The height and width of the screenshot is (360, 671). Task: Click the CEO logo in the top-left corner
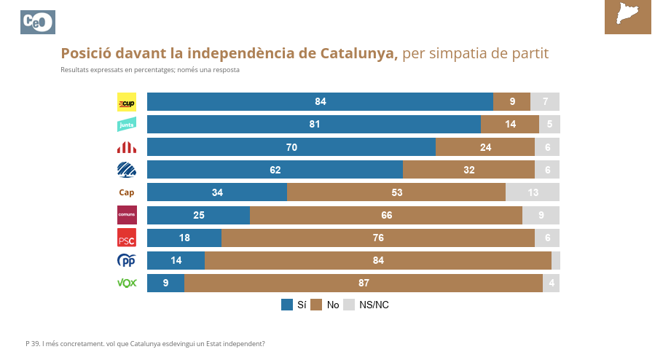38,23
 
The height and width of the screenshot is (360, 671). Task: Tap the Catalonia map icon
627,16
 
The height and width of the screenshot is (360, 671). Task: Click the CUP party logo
127,102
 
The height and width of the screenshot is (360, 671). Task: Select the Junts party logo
127,125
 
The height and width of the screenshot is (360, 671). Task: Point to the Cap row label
127,192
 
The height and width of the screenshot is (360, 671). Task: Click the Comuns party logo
127,215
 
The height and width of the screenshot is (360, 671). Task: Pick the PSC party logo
127,238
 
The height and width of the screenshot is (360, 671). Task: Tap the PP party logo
127,260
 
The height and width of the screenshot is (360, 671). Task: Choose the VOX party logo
127,283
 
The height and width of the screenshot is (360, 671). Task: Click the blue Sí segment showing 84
320,102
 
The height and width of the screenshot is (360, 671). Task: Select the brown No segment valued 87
364,283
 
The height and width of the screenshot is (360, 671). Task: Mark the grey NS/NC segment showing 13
533,192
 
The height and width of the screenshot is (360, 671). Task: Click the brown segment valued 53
396,192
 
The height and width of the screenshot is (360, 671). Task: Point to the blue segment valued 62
275,170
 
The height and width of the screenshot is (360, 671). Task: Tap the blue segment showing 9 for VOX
165,283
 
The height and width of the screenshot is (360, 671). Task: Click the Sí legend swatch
287,305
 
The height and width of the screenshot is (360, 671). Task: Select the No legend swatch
316,305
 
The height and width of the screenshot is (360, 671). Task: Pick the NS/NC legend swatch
348,305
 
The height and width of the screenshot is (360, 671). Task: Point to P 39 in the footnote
32,343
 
